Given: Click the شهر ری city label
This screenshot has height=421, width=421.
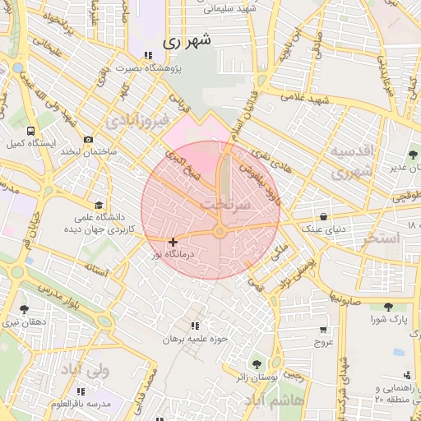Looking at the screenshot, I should tap(187, 39).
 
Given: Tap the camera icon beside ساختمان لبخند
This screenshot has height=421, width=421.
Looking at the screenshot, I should tap(88, 140).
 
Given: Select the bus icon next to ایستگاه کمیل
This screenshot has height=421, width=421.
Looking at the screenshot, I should tap(30, 130).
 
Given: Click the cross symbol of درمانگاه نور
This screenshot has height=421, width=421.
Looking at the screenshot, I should tap(172, 242).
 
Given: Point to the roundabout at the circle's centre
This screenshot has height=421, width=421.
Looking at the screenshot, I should tap(220, 233).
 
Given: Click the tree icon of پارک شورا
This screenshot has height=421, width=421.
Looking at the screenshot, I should tap(386, 306).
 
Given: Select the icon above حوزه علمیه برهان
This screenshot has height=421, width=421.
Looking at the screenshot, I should tap(194, 326).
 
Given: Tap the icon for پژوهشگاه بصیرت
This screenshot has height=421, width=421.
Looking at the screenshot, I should tap(147, 56).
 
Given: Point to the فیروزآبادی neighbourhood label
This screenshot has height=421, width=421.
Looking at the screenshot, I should tap(137, 121).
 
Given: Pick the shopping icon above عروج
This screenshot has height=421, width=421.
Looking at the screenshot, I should tap(323, 330).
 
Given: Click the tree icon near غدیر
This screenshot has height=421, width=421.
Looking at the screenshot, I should tap(412, 155).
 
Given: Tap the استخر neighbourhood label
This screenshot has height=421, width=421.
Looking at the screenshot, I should tap(380, 238).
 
